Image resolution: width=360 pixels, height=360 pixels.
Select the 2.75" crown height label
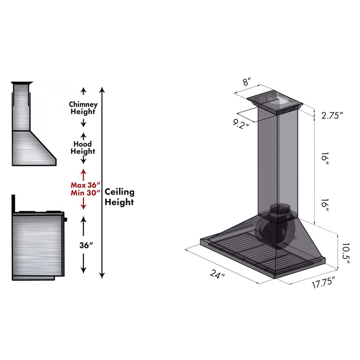[x=332, y=115]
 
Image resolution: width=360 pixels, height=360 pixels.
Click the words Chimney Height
[x=83, y=108]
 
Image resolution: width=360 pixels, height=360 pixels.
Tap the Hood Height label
[x=83, y=148]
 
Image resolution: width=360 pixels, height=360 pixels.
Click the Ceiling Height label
[x=119, y=197]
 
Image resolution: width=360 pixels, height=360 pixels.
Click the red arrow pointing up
[x=83, y=173]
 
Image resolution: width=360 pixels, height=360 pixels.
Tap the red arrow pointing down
[x=83, y=205]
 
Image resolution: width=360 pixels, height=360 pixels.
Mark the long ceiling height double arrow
[x=103, y=182]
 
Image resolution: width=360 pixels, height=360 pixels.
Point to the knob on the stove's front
[x=66, y=220]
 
